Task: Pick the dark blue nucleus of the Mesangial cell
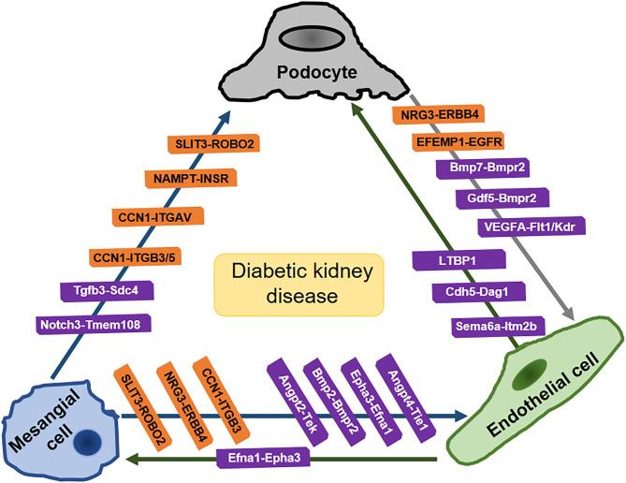pos(88,439)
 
